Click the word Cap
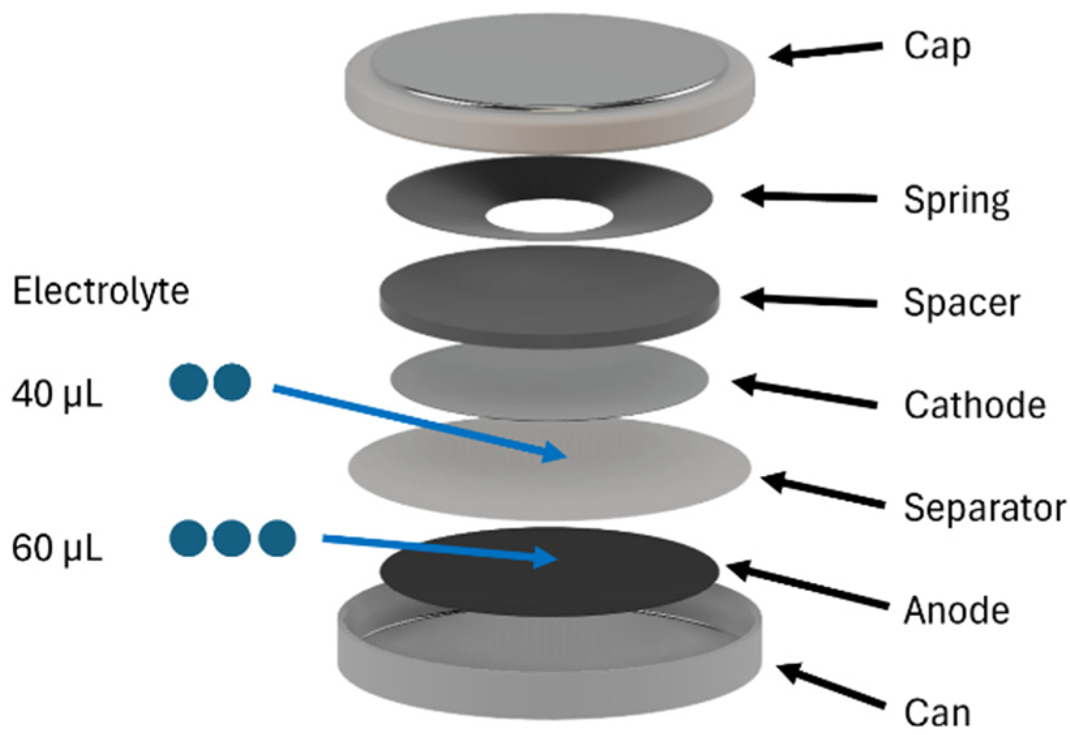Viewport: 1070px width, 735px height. tap(936, 47)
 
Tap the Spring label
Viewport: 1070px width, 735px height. tap(956, 200)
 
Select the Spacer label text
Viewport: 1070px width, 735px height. tap(961, 303)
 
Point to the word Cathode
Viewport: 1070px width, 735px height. tap(974, 405)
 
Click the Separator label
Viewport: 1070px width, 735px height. tap(984, 507)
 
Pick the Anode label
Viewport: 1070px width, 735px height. tap(956, 610)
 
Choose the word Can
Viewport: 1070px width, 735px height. tap(936, 713)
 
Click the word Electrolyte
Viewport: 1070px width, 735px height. tap(101, 291)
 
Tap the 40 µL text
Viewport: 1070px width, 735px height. tap(57, 395)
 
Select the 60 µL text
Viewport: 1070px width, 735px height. tap(57, 549)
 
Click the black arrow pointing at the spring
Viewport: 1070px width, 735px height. tap(809, 196)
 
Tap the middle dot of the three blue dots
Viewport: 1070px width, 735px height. tap(233, 538)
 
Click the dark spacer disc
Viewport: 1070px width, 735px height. tap(549, 293)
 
